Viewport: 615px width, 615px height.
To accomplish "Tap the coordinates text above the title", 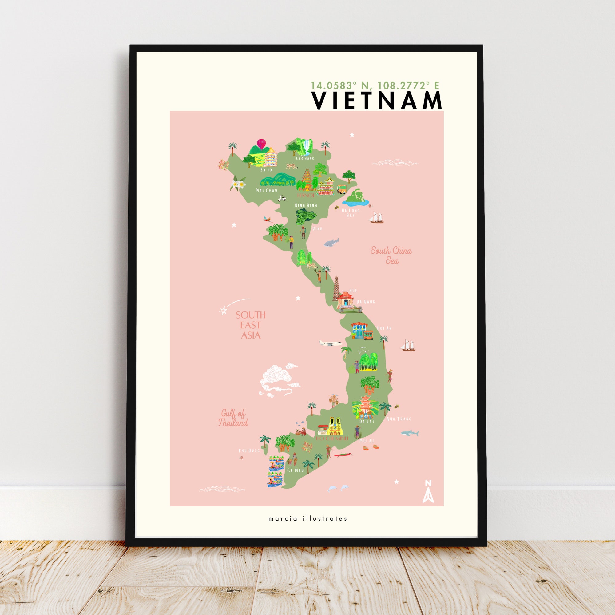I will [x=375, y=85].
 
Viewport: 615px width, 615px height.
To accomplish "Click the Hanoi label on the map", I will [x=306, y=195].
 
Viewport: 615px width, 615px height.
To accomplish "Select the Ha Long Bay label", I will [x=351, y=213].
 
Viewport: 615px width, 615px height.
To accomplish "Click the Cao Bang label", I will [x=305, y=158].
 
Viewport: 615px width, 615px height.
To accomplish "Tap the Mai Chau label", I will [x=266, y=190].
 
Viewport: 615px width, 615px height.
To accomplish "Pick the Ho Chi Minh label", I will [x=332, y=438].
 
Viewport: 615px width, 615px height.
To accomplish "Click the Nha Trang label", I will [x=399, y=419].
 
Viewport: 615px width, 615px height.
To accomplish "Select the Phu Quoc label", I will [x=249, y=451].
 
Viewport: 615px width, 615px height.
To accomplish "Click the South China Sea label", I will [x=391, y=255].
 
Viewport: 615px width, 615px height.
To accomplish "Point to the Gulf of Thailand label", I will [x=233, y=418].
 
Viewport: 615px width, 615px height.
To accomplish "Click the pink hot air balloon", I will [x=261, y=143].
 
